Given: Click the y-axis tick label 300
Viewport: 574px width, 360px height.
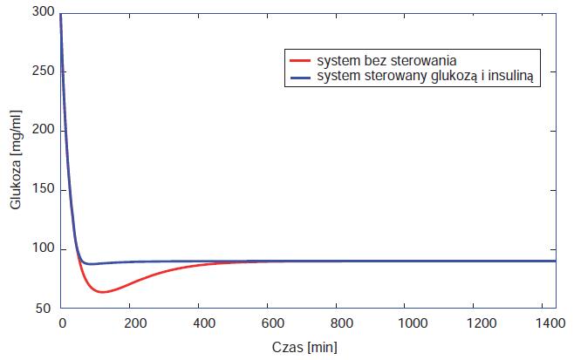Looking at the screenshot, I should point(43,11).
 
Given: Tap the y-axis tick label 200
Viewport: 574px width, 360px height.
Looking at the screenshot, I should point(43,130).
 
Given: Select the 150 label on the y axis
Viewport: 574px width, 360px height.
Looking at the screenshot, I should point(43,190).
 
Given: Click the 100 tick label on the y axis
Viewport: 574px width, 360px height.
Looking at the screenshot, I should point(43,249).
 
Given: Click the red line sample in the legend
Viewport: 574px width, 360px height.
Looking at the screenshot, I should point(298,62).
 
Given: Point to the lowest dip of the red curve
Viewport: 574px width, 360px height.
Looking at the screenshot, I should point(103,292).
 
